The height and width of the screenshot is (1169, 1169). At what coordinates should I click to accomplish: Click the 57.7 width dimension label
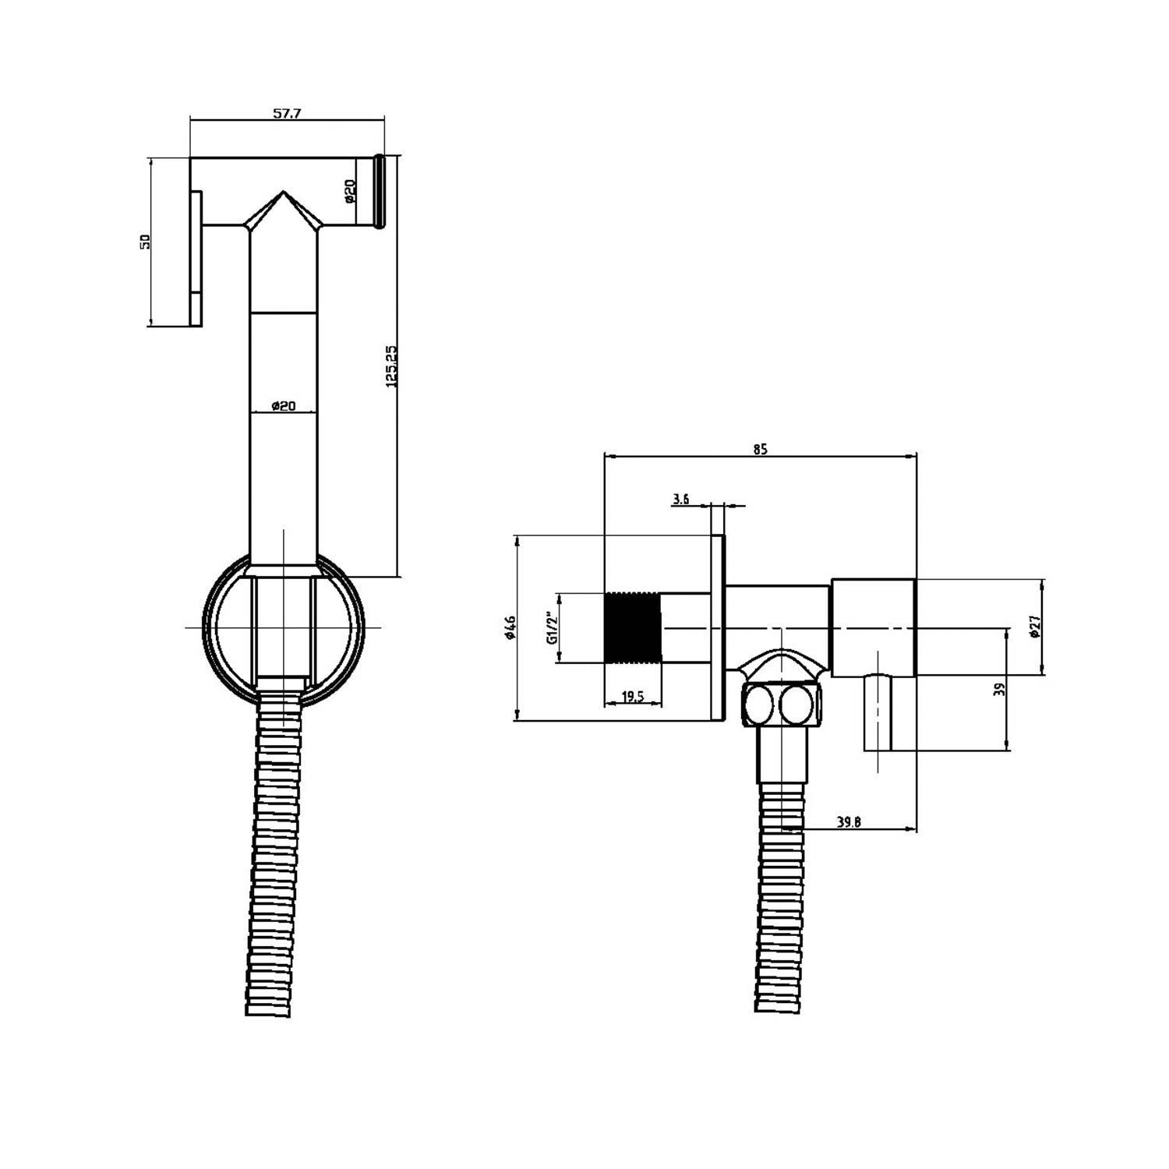click(x=287, y=113)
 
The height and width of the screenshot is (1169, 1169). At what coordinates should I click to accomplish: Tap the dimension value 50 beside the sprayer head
click(x=144, y=242)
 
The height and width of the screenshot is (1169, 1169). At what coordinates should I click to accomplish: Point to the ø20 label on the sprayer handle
click(x=283, y=405)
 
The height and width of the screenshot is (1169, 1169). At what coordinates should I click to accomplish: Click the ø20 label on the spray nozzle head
click(x=350, y=191)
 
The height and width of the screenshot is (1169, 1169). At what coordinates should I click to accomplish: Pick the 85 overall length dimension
click(x=761, y=449)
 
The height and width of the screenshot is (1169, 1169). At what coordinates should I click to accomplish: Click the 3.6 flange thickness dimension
click(x=681, y=500)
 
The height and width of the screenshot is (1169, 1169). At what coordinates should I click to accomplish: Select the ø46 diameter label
click(x=510, y=627)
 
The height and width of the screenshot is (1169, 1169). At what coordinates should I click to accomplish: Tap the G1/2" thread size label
click(x=552, y=627)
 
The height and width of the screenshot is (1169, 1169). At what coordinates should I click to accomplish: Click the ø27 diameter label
click(x=1035, y=627)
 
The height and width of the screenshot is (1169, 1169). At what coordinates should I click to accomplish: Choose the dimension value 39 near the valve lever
click(x=1000, y=688)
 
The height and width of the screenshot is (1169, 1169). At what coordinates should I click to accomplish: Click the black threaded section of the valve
click(x=633, y=627)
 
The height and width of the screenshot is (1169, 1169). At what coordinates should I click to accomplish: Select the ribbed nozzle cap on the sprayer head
click(x=380, y=192)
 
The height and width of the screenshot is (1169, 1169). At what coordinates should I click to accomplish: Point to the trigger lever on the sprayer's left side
click(x=196, y=257)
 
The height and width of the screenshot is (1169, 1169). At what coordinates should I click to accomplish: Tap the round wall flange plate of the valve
click(x=718, y=627)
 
